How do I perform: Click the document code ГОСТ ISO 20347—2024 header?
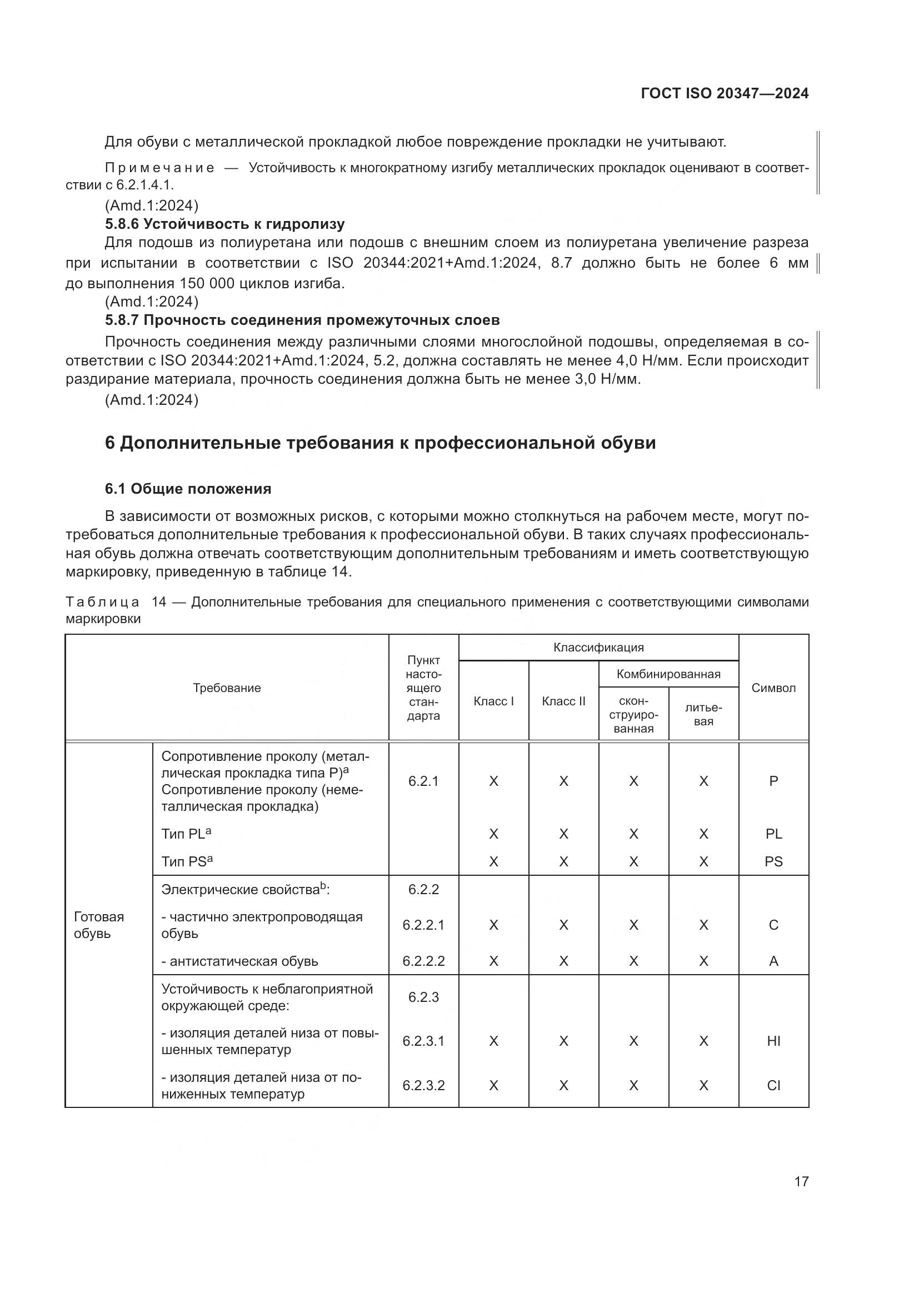pyautogui.click(x=725, y=93)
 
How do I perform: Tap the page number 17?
pyautogui.click(x=801, y=1181)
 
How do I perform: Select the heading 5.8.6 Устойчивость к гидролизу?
pyautogui.click(x=224, y=224)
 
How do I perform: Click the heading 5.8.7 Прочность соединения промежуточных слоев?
pyautogui.click(x=302, y=320)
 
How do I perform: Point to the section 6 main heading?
pyautogui.click(x=380, y=443)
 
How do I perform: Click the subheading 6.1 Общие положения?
pyautogui.click(x=188, y=489)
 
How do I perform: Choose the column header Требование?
pyautogui.click(x=227, y=688)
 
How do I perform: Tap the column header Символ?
pyautogui.click(x=773, y=688)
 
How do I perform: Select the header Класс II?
pyautogui.click(x=563, y=701)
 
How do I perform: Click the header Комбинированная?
pyautogui.click(x=668, y=674)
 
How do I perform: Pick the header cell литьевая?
pyautogui.click(x=703, y=715)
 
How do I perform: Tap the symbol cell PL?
pyautogui.click(x=773, y=834)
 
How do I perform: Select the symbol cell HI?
pyautogui.click(x=773, y=1041)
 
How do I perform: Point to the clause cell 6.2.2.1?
pyautogui.click(x=423, y=925)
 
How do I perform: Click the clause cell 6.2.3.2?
pyautogui.click(x=423, y=1085)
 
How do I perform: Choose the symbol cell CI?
pyautogui.click(x=773, y=1085)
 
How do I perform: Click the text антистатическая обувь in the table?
pyautogui.click(x=240, y=961)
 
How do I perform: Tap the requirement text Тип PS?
pyautogui.click(x=187, y=862)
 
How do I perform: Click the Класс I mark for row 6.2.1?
pyautogui.click(x=493, y=781)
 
